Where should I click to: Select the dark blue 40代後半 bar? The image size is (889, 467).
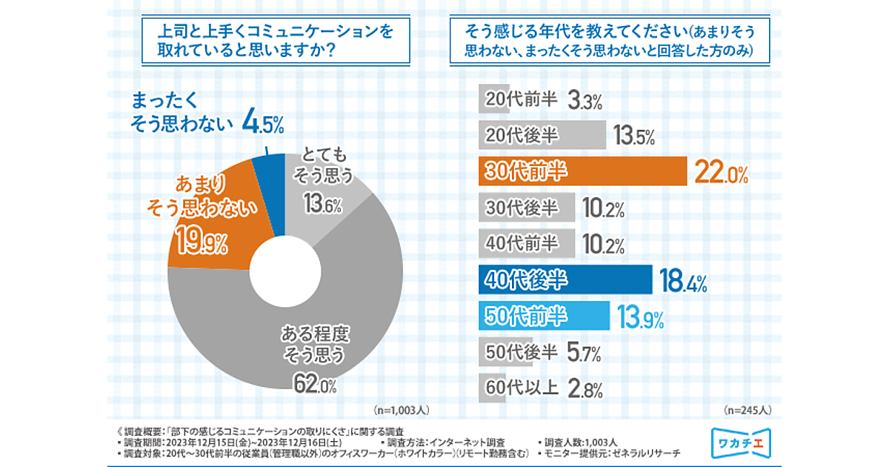pyautogui.click(x=565, y=279)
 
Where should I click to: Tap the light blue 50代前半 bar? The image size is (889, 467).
pyautogui.click(x=544, y=316)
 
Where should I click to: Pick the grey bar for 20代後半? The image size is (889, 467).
pyautogui.click(x=542, y=136)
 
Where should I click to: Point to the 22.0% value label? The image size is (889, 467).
pyautogui.click(x=720, y=173)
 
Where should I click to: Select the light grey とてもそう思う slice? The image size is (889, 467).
pyautogui.click(x=333, y=196)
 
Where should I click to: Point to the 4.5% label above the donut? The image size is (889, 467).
pyautogui.click(x=264, y=122)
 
